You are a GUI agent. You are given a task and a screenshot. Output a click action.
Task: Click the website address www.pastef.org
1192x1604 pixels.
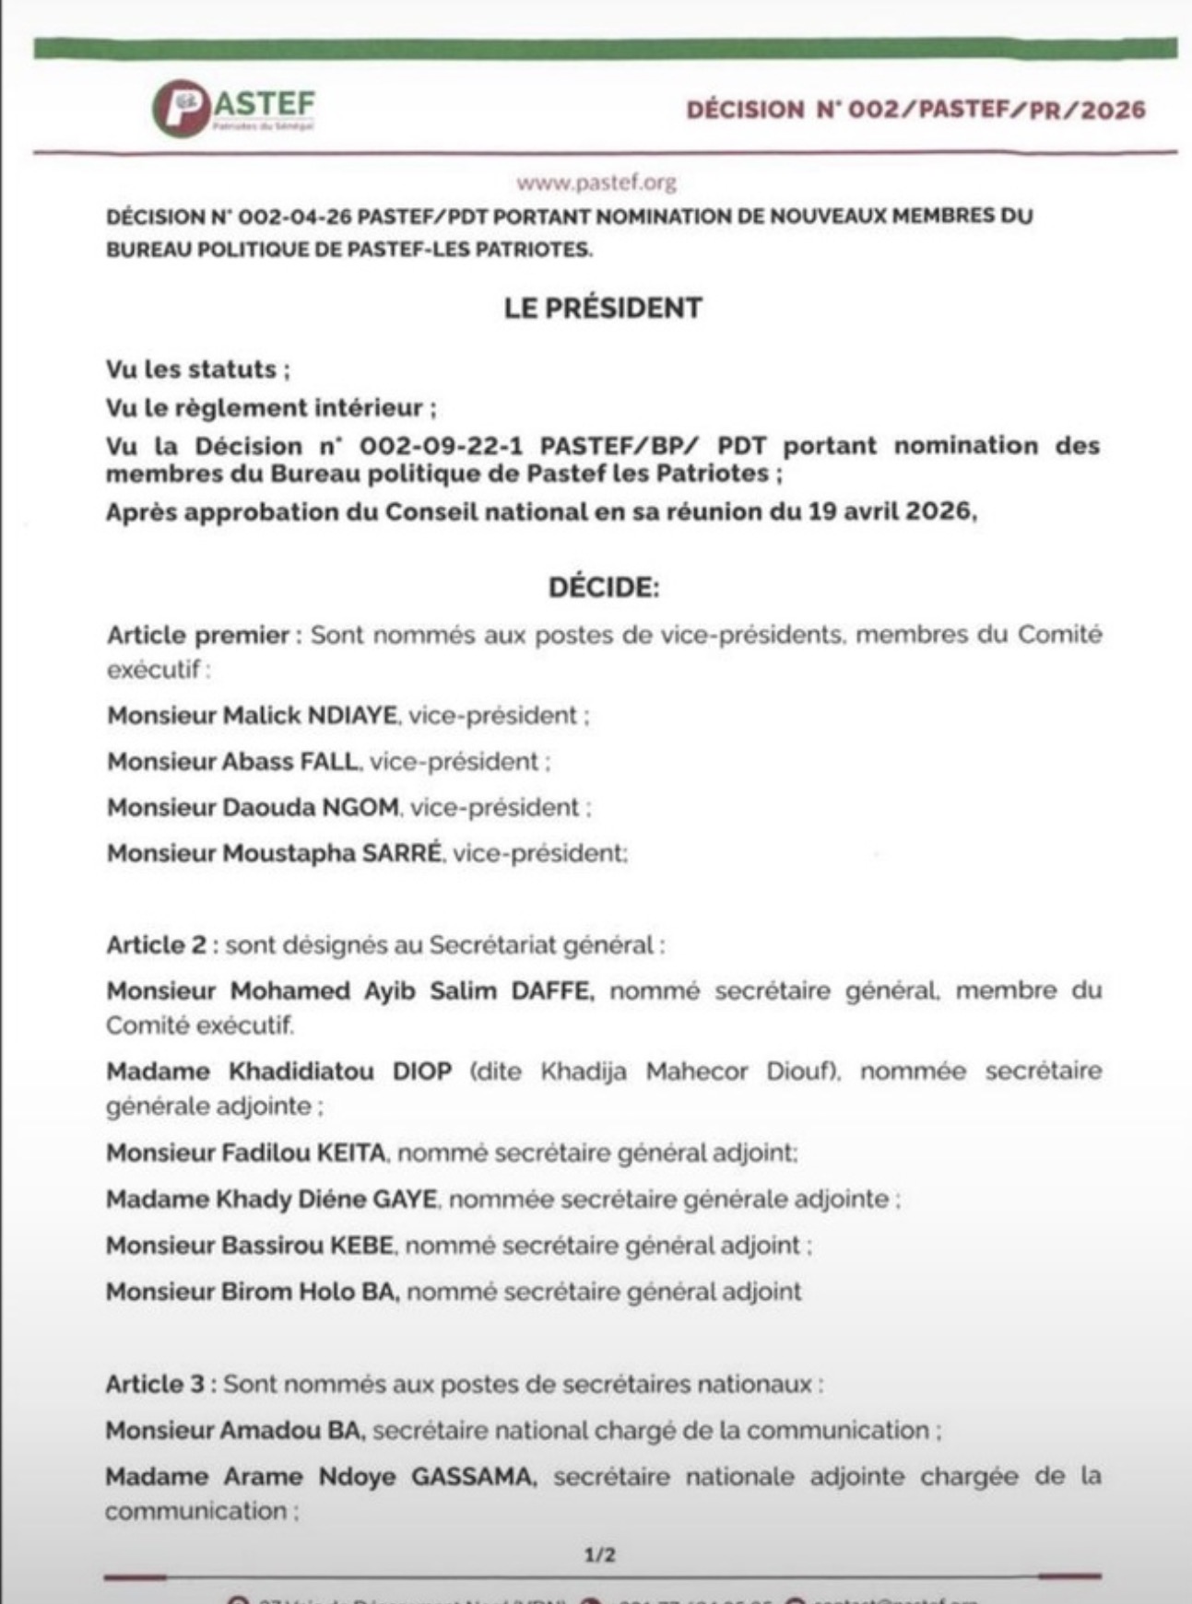click(x=596, y=182)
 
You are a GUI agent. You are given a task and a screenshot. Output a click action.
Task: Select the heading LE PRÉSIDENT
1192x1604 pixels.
click(x=603, y=308)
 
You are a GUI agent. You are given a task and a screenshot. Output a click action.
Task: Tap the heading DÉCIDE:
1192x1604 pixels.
click(x=604, y=588)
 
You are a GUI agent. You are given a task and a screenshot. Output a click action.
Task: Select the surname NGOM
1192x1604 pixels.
click(x=360, y=808)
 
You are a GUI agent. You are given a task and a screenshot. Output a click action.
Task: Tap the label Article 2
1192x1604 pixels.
click(x=157, y=945)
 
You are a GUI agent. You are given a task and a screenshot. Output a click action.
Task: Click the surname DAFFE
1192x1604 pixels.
click(x=549, y=991)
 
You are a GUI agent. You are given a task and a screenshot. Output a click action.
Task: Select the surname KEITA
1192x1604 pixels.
click(x=351, y=1153)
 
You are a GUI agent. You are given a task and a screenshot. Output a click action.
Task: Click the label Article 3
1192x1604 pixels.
click(x=156, y=1384)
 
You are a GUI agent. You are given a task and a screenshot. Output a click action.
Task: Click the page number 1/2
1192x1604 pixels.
click(x=600, y=1555)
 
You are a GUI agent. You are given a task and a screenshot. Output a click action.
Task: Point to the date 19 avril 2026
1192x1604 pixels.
click(x=891, y=512)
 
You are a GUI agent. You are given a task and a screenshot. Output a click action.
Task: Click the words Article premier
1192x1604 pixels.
click(x=198, y=636)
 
